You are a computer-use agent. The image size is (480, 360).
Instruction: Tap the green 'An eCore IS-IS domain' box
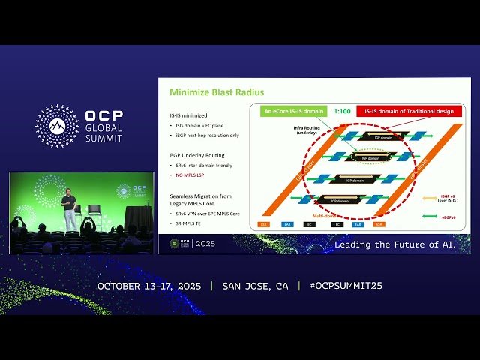click(292, 111)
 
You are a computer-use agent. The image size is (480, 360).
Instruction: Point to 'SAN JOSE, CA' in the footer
click(255, 286)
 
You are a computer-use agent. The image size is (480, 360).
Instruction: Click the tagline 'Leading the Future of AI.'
click(402, 244)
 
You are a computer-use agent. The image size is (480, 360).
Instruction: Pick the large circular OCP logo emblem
click(57, 126)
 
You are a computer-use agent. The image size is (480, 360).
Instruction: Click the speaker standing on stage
click(69, 208)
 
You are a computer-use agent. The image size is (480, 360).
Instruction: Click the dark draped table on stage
click(139, 217)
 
